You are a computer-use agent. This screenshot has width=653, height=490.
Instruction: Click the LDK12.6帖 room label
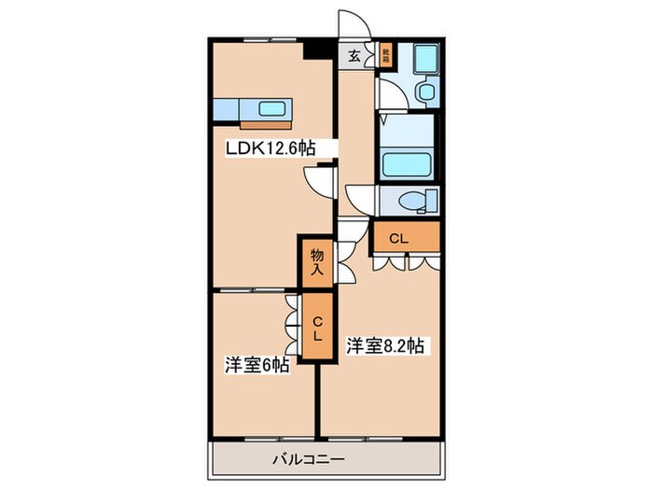pos(268,147)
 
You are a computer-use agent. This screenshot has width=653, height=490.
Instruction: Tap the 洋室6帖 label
pos(255,365)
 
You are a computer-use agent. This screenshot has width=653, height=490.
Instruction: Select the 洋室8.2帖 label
pos(386,345)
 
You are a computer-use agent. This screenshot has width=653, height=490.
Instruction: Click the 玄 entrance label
pos(354,54)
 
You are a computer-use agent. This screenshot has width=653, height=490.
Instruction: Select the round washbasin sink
pos(425,91)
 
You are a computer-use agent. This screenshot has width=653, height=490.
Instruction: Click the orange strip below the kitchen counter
pos(266,123)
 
